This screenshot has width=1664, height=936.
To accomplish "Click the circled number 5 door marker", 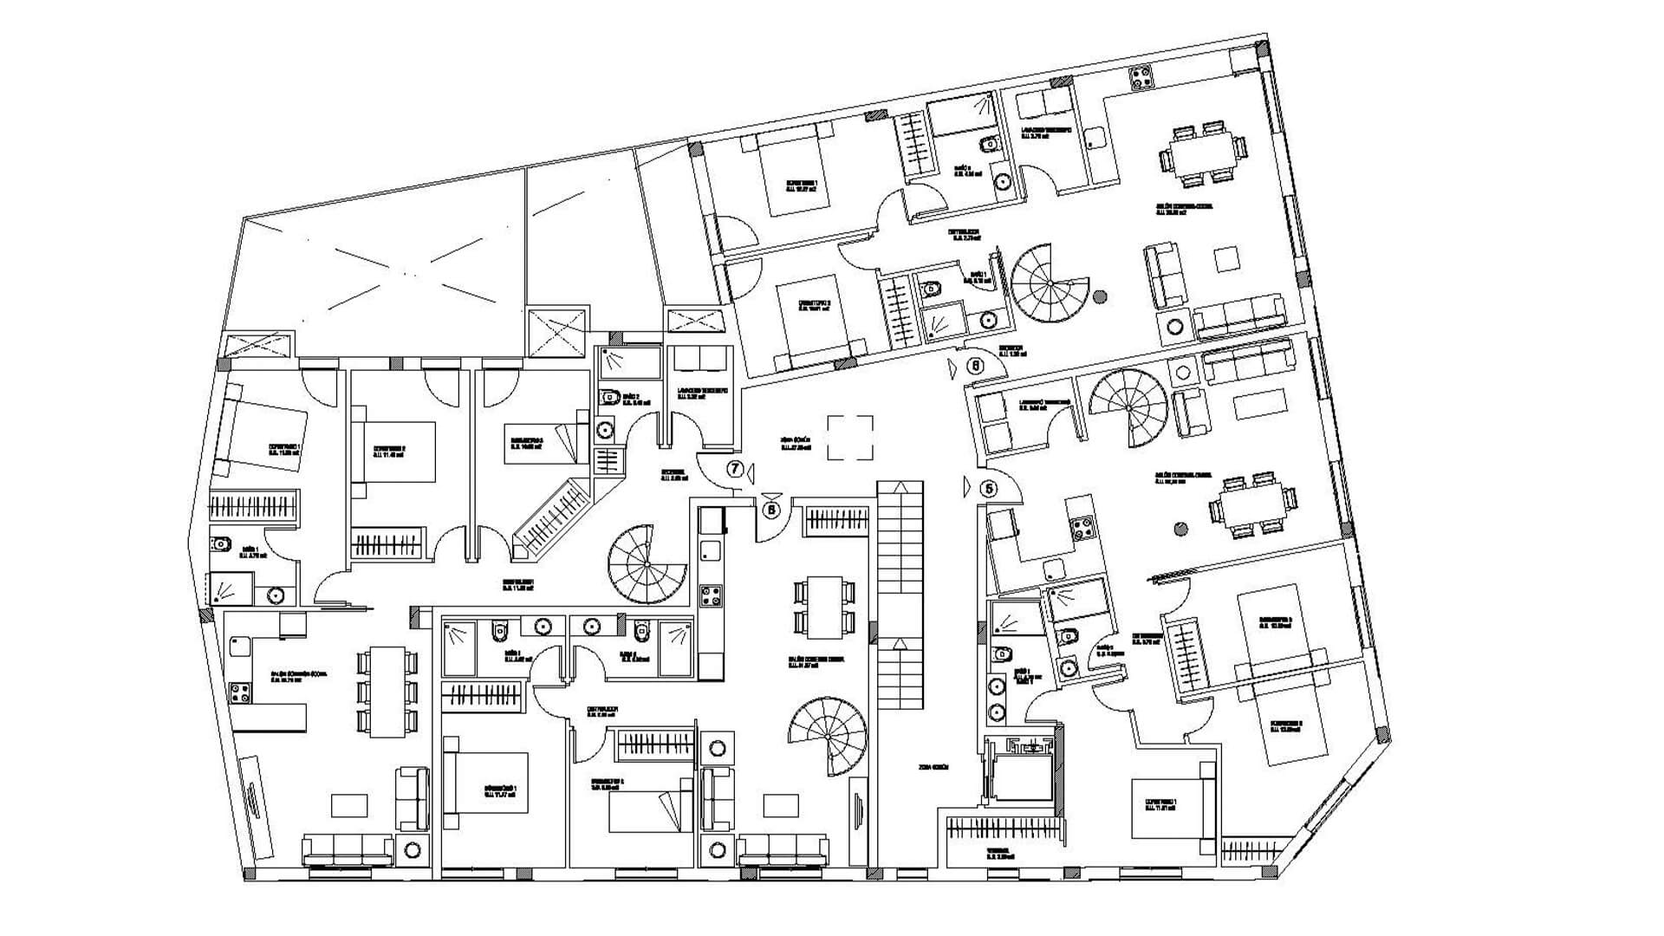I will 989,489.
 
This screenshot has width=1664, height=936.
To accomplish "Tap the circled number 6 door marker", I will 975,366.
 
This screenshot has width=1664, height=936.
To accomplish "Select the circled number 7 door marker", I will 735,470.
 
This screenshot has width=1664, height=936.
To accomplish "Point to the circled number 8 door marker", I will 771,510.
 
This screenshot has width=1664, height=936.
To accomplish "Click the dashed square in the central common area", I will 851,438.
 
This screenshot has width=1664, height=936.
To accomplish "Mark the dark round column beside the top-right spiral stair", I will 1100,297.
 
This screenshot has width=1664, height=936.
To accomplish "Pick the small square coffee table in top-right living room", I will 1226,259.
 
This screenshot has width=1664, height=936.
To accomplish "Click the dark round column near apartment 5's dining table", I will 1179,528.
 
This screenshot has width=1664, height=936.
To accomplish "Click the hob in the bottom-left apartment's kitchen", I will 239,693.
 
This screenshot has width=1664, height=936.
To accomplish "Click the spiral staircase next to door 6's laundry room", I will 1128,407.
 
